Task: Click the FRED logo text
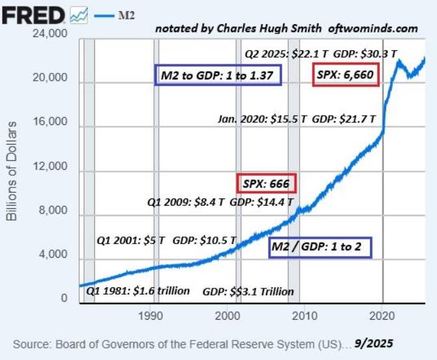click(x=33, y=14)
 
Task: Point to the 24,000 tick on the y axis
click(x=50, y=34)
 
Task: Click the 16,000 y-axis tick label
click(x=50, y=122)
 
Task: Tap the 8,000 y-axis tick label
click(x=53, y=211)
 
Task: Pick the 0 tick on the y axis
click(x=64, y=299)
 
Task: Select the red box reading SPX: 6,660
click(x=345, y=76)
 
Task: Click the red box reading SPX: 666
click(x=265, y=184)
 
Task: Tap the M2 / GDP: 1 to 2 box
click(x=320, y=247)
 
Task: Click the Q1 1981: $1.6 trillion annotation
click(x=138, y=291)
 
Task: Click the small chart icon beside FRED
click(x=80, y=14)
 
